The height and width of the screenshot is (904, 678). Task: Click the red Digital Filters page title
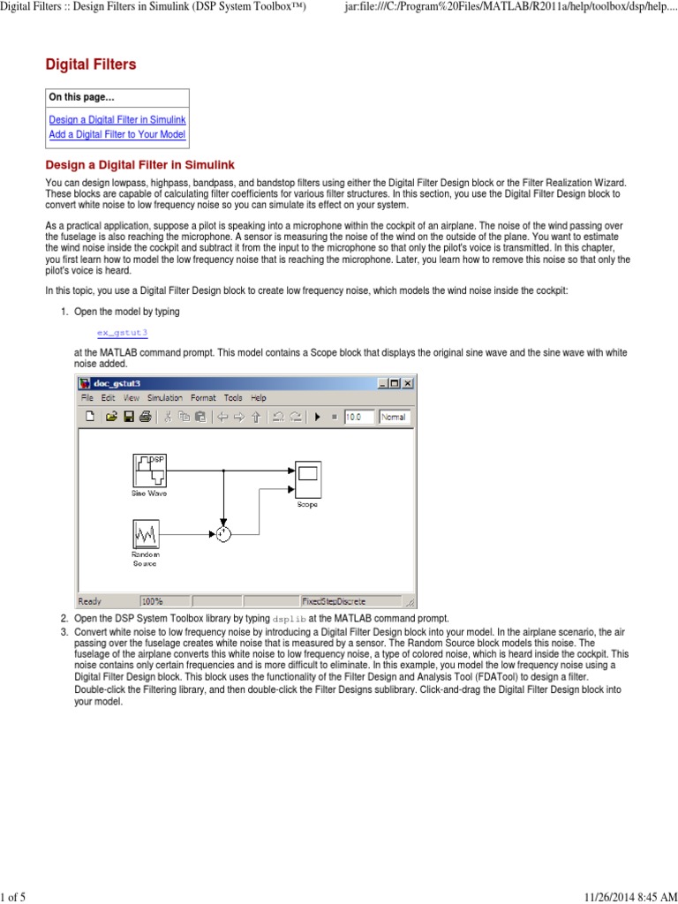[x=91, y=64]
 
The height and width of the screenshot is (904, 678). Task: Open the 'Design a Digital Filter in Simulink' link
[x=117, y=119]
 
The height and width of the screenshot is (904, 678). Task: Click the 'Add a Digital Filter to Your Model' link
[x=117, y=135]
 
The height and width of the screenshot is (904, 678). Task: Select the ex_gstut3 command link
[x=122, y=332]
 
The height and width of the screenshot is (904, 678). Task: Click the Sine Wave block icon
[x=149, y=470]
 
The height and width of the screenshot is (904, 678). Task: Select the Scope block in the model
[x=307, y=480]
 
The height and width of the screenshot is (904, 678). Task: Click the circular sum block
[x=223, y=533]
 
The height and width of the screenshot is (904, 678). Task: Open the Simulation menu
[x=164, y=398]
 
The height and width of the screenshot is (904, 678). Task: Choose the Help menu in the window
[x=258, y=398]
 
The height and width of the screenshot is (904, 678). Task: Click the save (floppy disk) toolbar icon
[x=129, y=417]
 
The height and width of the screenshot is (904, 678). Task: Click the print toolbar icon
[x=146, y=417]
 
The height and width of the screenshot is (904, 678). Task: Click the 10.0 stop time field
[x=358, y=417]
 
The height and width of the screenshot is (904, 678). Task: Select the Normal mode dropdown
[x=395, y=417]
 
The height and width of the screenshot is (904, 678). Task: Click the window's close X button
[x=407, y=383]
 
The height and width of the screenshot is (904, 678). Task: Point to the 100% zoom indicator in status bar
[x=152, y=600]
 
